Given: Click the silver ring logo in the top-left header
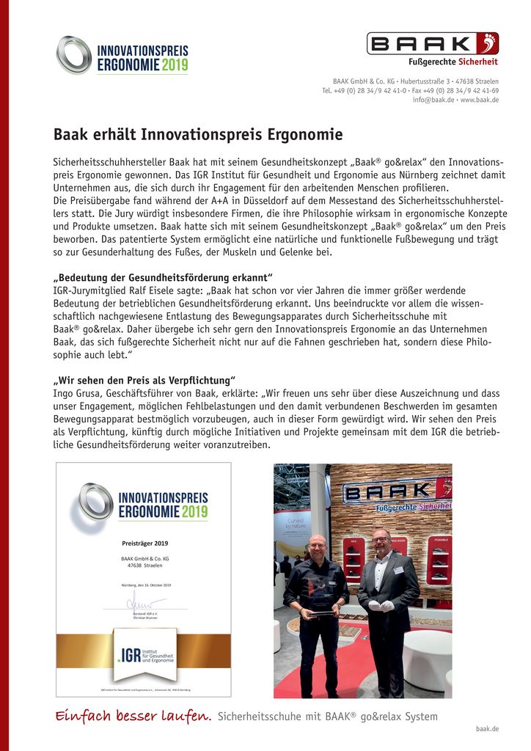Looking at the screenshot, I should tap(74, 54).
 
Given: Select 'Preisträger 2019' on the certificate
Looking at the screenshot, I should tap(144, 543).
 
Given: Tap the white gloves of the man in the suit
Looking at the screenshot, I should tap(379, 606).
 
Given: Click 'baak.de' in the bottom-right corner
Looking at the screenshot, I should tap(487, 728).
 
